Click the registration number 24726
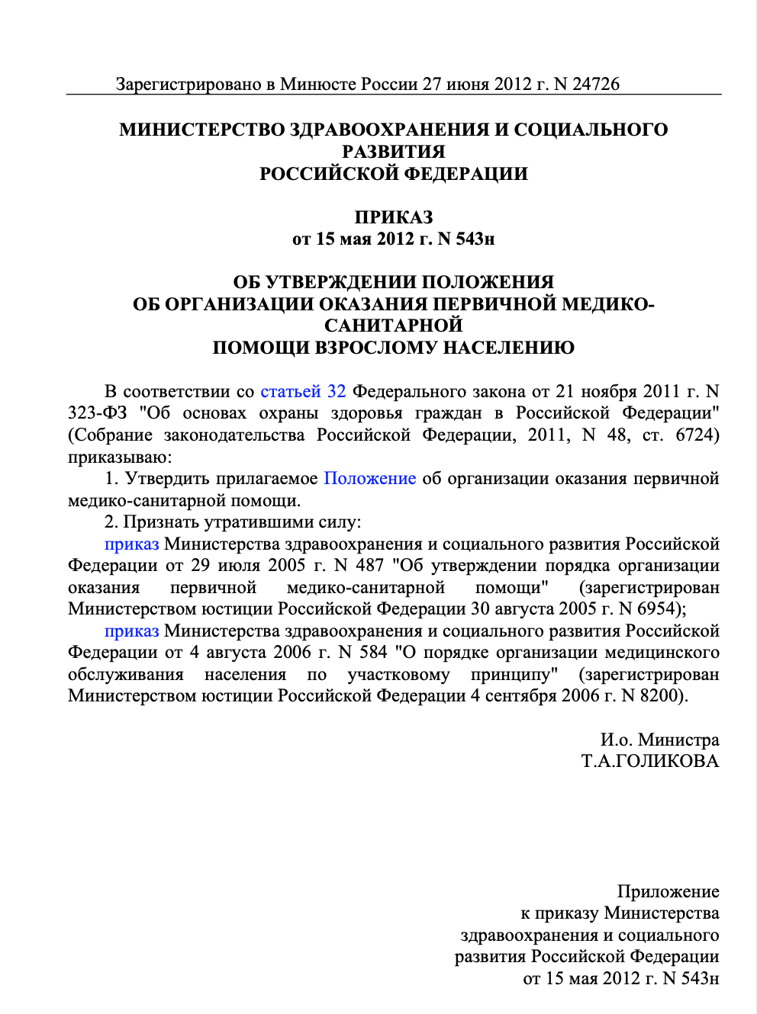[x=596, y=84]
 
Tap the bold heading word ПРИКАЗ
[x=393, y=217]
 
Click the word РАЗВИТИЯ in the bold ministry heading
[x=393, y=152]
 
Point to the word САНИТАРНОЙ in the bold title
[x=393, y=326]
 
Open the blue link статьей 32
[x=303, y=392]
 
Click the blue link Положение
[x=370, y=479]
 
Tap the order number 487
[x=369, y=566]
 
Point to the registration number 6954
[x=659, y=609]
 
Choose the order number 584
[x=374, y=653]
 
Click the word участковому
[x=398, y=675]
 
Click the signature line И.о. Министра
[x=659, y=740]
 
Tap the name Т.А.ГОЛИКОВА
[x=650, y=761]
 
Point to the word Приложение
[x=668, y=891]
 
